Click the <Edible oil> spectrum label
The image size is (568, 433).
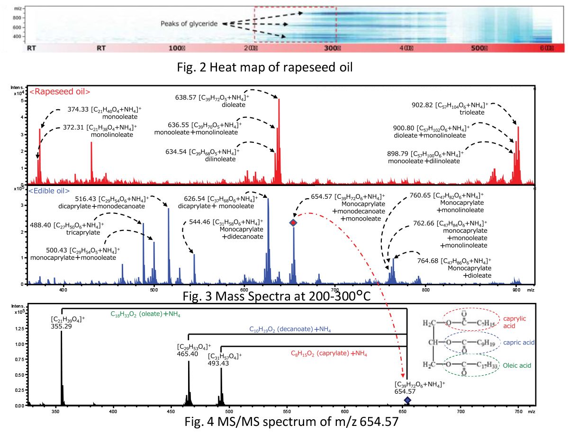(x=50, y=191)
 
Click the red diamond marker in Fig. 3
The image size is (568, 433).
(x=293, y=223)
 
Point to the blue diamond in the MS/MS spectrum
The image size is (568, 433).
(x=407, y=400)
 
